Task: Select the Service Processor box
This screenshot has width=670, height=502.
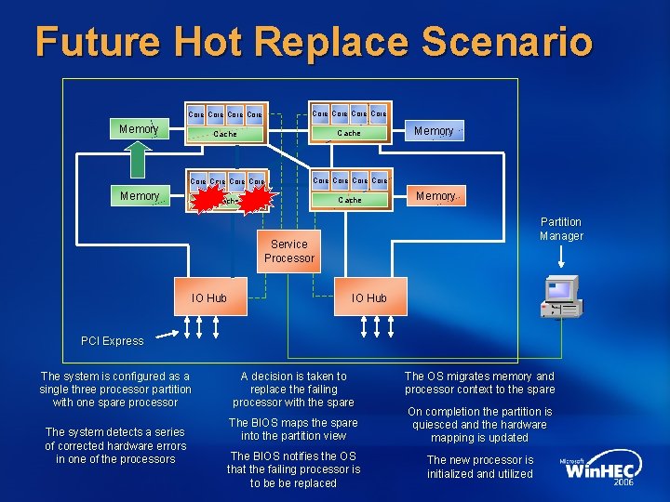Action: tap(288, 251)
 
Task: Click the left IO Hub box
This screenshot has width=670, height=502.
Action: tap(208, 297)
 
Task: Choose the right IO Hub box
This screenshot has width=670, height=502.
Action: tap(368, 297)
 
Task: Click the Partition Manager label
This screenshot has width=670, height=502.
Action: tap(561, 229)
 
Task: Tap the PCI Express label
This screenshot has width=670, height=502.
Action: tap(113, 341)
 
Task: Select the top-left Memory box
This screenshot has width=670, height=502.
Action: tap(139, 128)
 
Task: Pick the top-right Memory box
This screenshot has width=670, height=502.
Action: tap(435, 131)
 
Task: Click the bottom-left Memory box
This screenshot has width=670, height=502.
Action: tap(140, 195)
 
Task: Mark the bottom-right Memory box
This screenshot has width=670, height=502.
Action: tap(435, 196)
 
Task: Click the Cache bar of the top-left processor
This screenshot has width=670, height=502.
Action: tap(226, 134)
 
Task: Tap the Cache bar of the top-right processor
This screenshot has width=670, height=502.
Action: tap(349, 133)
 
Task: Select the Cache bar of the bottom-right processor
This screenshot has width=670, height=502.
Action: tap(350, 200)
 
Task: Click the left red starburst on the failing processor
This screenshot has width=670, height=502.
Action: tap(209, 199)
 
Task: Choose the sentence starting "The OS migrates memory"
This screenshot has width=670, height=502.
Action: tap(479, 383)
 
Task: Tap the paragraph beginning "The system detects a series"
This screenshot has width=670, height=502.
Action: tap(115, 445)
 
